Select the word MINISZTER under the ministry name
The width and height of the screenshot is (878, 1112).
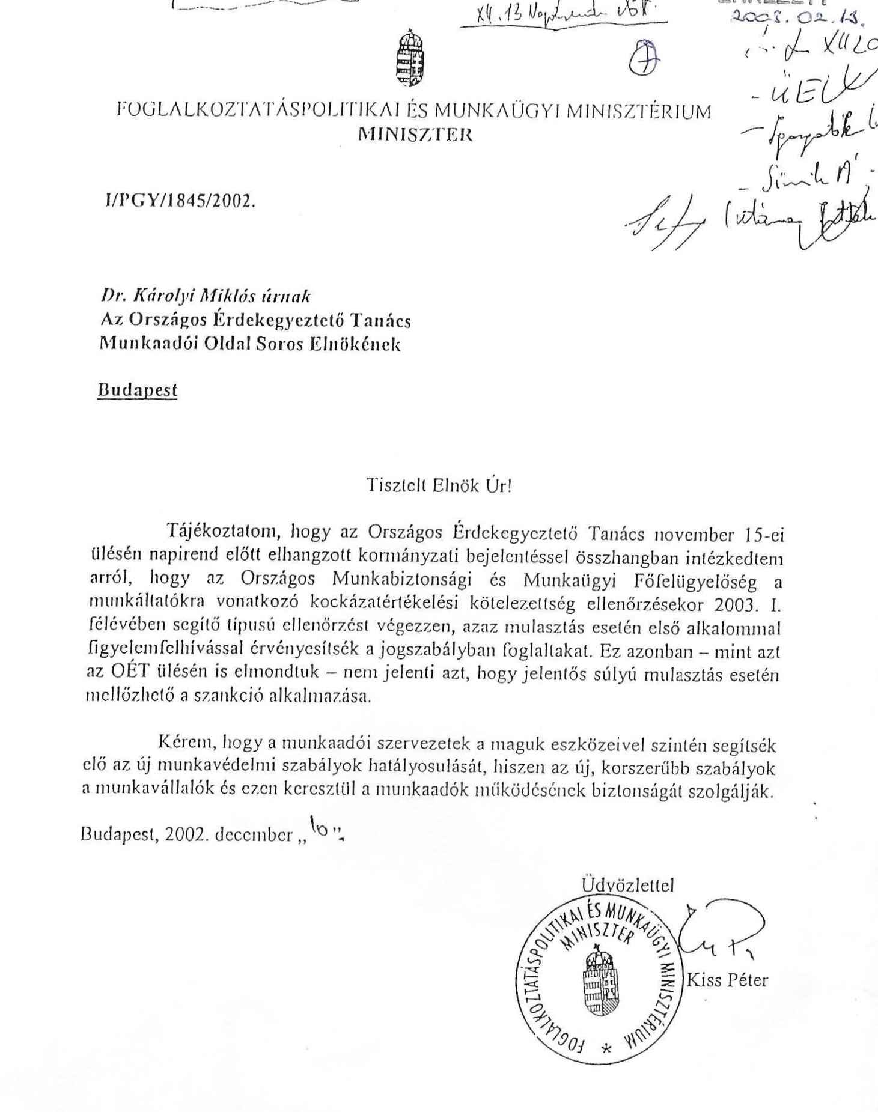coord(415,135)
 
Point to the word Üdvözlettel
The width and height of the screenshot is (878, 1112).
coord(627,885)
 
